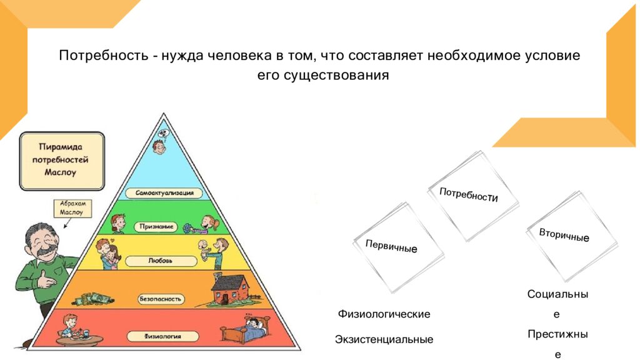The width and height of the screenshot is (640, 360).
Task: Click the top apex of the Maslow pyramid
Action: point(164,114)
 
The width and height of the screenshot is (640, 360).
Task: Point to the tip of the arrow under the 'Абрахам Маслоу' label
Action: point(64,228)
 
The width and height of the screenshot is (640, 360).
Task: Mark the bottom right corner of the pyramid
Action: point(301,350)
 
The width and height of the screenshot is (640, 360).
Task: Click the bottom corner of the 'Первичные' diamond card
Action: point(392,292)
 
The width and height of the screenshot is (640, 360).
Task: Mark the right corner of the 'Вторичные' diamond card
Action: point(617,244)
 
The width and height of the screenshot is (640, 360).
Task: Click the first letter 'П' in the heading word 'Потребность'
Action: point(63,55)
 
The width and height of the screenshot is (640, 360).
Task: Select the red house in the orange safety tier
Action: point(230,289)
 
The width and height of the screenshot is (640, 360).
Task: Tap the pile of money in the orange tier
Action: point(93,299)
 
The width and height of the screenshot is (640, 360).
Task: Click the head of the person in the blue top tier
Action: point(159,146)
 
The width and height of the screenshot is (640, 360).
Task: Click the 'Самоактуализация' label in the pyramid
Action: point(164,193)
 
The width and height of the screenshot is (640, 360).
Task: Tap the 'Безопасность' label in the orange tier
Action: point(160,299)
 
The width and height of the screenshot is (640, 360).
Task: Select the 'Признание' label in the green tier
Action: point(156,226)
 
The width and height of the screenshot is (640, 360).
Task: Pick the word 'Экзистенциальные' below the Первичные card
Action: point(384,339)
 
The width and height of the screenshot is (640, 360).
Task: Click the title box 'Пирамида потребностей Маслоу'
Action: point(62,161)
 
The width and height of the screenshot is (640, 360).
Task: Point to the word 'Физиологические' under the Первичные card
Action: point(384,314)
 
